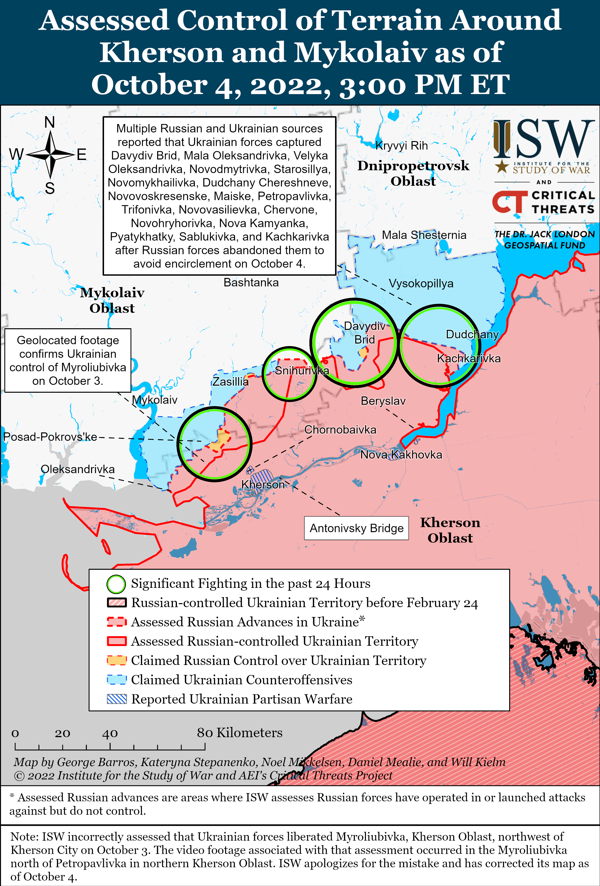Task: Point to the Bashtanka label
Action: [251, 282]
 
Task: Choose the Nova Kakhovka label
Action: [401, 455]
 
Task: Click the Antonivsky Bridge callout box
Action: [356, 528]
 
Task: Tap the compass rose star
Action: [50, 154]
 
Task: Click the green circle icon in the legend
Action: [116, 584]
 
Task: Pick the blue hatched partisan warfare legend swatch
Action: [117, 699]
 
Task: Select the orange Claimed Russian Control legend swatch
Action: [117, 660]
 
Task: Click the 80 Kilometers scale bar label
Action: [240, 732]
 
